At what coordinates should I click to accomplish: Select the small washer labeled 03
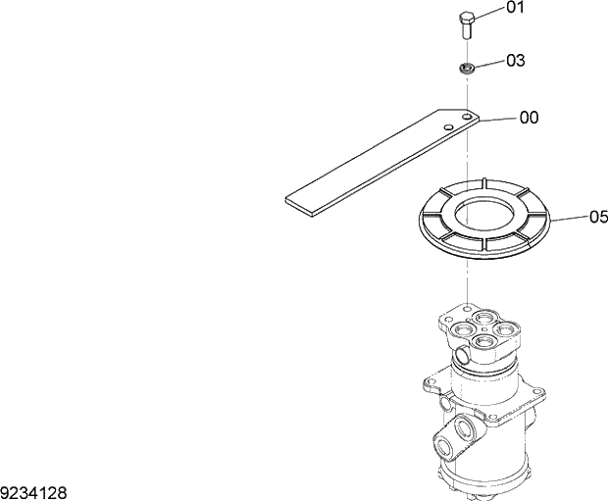(x=468, y=68)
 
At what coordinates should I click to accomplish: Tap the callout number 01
(x=515, y=9)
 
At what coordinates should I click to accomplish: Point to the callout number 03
(x=515, y=61)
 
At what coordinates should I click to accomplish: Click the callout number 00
(x=529, y=118)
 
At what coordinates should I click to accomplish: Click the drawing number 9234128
(x=33, y=491)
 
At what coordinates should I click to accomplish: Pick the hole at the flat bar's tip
(x=469, y=120)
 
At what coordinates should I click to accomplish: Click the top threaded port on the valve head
(x=485, y=318)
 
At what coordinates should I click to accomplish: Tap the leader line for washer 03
(x=491, y=64)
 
